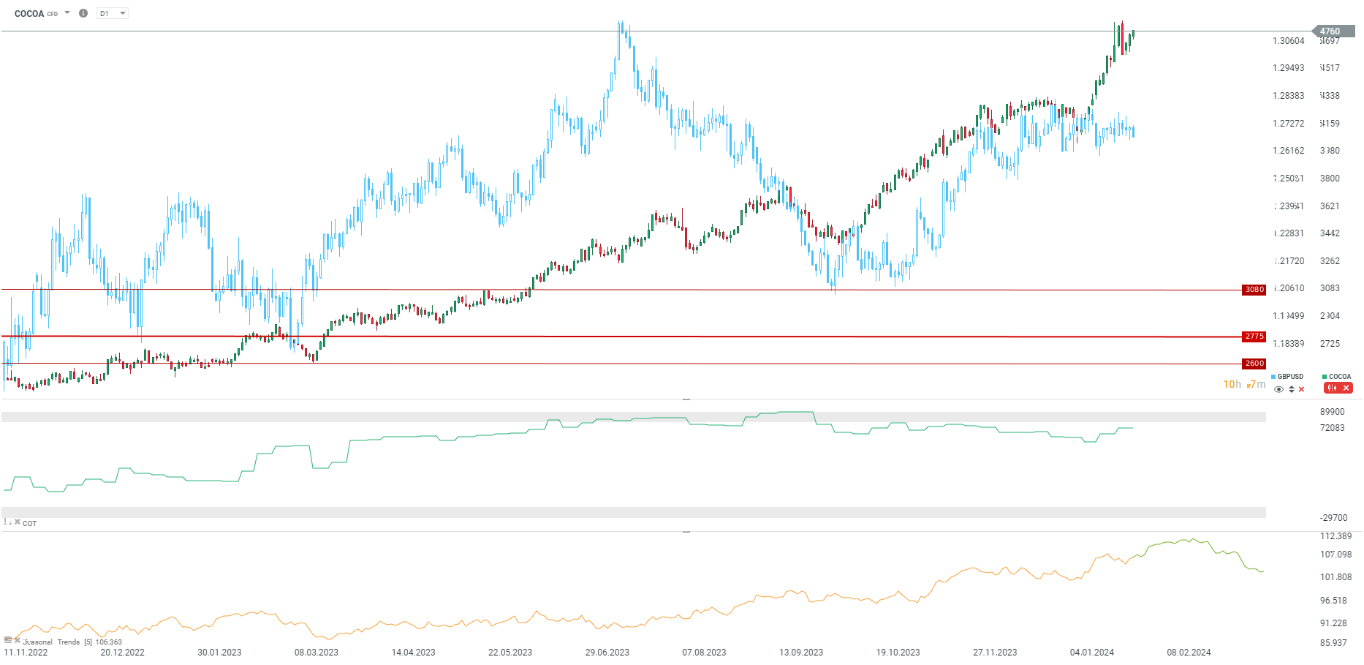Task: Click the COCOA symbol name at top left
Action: pyautogui.click(x=29, y=13)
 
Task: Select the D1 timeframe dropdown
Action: pyautogui.click(x=113, y=13)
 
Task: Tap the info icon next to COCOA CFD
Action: pyautogui.click(x=83, y=13)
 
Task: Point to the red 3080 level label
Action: pyautogui.click(x=1254, y=290)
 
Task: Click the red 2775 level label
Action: pyautogui.click(x=1254, y=337)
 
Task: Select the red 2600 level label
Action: pyautogui.click(x=1254, y=364)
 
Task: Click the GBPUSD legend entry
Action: pyautogui.click(x=1289, y=377)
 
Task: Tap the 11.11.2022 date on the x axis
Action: pyautogui.click(x=26, y=653)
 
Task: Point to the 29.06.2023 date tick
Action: pyautogui.click(x=607, y=653)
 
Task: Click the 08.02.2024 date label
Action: pyautogui.click(x=1189, y=653)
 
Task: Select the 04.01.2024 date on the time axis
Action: pyautogui.click(x=1091, y=653)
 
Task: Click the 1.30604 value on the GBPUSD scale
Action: pyautogui.click(x=1288, y=41)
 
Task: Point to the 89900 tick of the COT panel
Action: pyautogui.click(x=1332, y=412)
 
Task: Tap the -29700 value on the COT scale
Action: pyautogui.click(x=1333, y=518)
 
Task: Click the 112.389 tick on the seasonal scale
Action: pyautogui.click(x=1335, y=536)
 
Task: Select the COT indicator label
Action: pyautogui.click(x=29, y=524)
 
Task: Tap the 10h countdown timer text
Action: pyautogui.click(x=1232, y=384)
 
